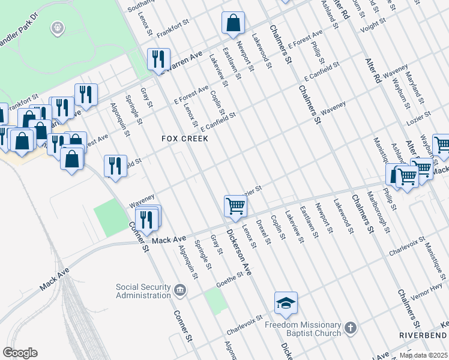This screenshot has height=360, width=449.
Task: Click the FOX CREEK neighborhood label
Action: click(x=185, y=139)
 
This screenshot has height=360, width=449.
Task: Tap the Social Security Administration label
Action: click(x=143, y=290)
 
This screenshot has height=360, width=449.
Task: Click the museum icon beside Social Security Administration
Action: click(x=179, y=290)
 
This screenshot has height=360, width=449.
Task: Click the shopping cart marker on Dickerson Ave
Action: click(x=236, y=206)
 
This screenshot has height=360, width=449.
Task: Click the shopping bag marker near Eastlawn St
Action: click(x=233, y=23)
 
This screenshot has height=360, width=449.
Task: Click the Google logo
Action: click(x=20, y=353)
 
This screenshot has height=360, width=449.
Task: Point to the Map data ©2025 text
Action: click(x=424, y=355)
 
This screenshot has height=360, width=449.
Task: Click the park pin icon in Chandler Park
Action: click(x=58, y=27)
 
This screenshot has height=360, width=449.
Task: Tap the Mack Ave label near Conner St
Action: click(x=168, y=240)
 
